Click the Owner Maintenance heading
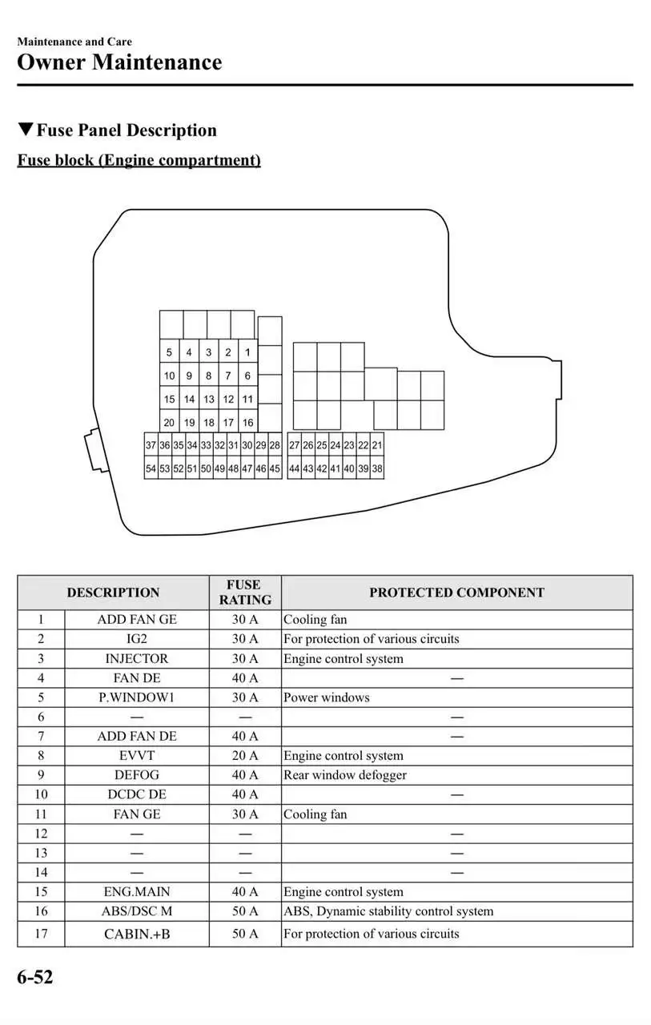119,62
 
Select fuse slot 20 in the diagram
169,423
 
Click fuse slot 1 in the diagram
247,352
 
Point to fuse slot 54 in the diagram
151,469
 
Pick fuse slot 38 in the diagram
377,469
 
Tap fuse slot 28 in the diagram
275,445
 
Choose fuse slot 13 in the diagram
208,399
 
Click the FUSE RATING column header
245,593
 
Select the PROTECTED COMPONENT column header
456,593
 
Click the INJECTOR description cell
137,658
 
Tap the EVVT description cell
137,755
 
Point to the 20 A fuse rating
245,755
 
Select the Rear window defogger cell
345,775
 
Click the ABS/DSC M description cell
137,911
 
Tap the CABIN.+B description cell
137,934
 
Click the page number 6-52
35,977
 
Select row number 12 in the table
41,834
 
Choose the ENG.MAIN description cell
137,892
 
